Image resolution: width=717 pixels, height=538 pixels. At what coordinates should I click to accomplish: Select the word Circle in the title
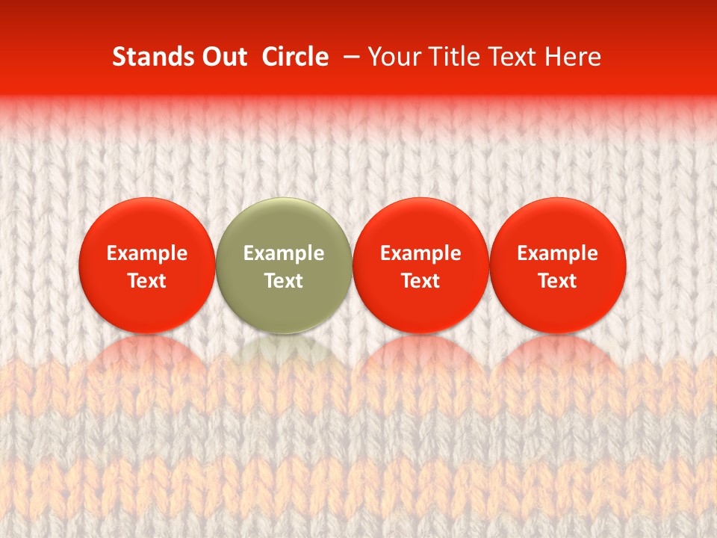(295, 57)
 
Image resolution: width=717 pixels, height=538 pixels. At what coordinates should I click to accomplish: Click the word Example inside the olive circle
(284, 254)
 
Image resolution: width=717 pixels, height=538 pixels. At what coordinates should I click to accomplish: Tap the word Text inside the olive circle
(284, 281)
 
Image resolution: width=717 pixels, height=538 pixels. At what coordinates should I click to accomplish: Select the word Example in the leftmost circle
(147, 254)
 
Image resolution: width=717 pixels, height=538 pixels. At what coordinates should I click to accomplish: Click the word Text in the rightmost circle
(558, 281)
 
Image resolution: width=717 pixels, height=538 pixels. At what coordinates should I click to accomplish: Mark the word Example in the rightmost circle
(558, 254)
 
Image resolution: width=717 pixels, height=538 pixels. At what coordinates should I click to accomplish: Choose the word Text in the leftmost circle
(147, 281)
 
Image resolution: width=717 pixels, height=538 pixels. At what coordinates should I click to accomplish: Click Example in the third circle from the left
(420, 254)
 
